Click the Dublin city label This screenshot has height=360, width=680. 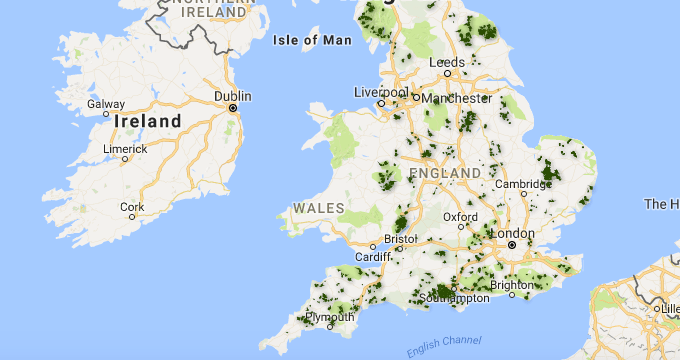click(x=232, y=96)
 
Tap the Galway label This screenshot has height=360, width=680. click(x=105, y=103)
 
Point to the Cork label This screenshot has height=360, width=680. click(x=132, y=207)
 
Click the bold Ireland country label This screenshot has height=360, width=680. click(x=148, y=122)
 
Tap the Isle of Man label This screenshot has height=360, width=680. click(x=312, y=40)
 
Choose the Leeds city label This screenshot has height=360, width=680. click(x=447, y=63)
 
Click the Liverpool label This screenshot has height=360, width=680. click(x=382, y=92)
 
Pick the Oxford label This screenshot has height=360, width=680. click(x=461, y=216)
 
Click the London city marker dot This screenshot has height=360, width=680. click(x=511, y=244)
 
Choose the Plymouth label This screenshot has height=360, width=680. click(x=331, y=318)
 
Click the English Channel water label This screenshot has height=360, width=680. click(x=444, y=346)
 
